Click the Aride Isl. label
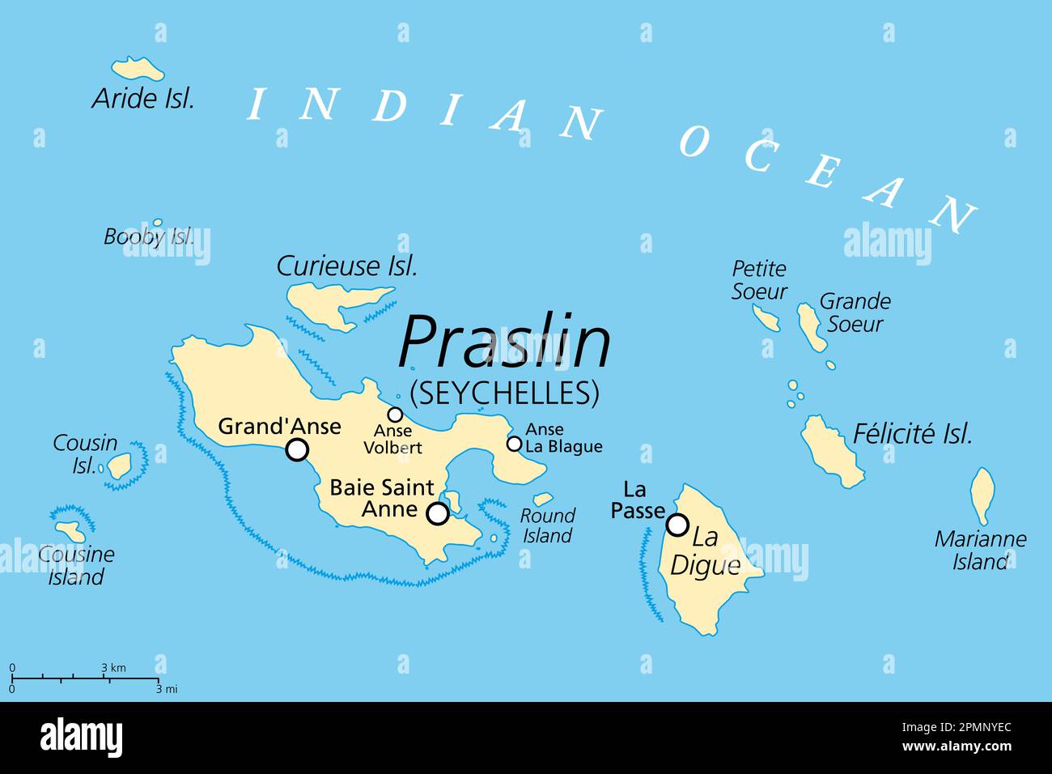coord(143,99)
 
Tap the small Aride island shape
coord(138,68)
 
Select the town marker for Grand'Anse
coord(298,450)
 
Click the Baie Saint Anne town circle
coord(438,513)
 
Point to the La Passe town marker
coord(677,525)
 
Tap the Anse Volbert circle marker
coord(395,415)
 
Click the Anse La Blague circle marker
coord(514,444)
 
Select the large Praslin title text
coord(504,342)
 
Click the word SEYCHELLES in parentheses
coord(505,393)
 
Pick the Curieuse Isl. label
coord(347,266)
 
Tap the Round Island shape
coord(542,500)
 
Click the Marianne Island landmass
coord(982,495)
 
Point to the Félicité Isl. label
coord(912,435)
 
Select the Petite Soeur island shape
coord(765,317)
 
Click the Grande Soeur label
coord(855,313)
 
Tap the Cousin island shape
coord(120,465)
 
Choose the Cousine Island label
coord(76,565)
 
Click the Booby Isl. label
coord(149,236)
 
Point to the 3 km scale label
coord(113,668)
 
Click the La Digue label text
coord(706,551)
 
